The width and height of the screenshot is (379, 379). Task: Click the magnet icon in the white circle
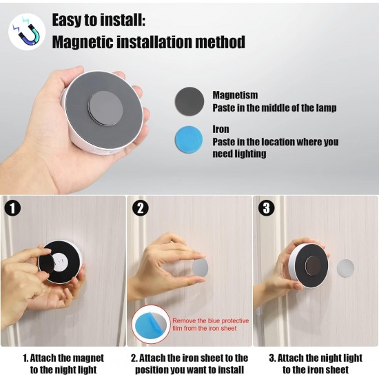[26, 32]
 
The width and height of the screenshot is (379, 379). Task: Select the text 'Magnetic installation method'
[148, 43]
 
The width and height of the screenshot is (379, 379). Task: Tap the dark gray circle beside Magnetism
[189, 101]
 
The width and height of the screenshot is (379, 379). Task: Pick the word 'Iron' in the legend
[221, 129]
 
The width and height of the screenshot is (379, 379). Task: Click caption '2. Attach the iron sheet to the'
[189, 358]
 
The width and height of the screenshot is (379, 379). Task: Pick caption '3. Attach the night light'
[315, 358]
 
